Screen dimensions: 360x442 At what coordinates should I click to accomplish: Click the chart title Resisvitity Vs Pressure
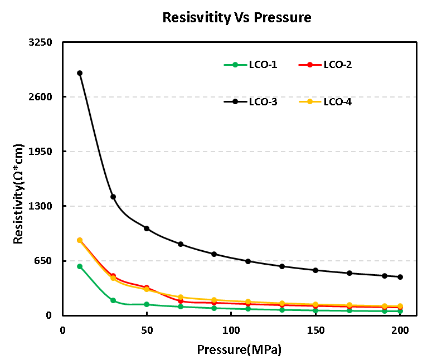236,17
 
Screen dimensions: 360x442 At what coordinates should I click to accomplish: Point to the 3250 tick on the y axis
41,42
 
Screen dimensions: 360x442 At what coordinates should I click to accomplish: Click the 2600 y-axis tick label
41,97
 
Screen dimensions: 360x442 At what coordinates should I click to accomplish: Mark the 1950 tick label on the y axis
41,152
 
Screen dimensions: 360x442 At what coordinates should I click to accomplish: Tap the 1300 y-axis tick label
41,206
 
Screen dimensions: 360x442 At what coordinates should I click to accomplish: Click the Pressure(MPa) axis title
239,350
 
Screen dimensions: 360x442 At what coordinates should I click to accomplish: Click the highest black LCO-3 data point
80,73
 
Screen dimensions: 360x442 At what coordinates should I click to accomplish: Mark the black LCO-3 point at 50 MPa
147,228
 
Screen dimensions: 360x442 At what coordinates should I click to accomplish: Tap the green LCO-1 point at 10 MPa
80,266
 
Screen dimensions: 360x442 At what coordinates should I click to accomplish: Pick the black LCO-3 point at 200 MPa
400,277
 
